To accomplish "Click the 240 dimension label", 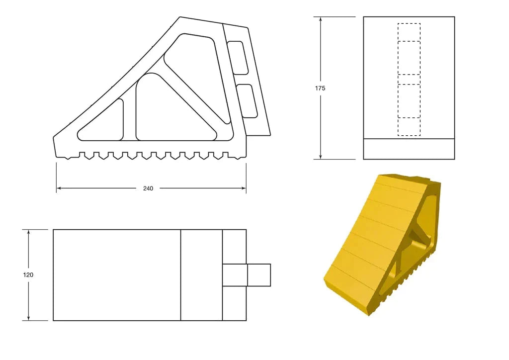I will tap(148, 188).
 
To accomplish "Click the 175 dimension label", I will tap(320, 88).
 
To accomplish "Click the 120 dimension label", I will tap(28, 274).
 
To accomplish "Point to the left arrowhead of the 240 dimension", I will tap(59, 188).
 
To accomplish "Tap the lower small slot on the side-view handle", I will tap(247, 101).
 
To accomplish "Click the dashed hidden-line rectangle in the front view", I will tap(409, 80).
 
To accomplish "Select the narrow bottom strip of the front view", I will tap(409, 149).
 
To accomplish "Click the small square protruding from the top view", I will tap(258, 275).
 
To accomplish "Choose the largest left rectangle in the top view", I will tap(116, 275).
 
